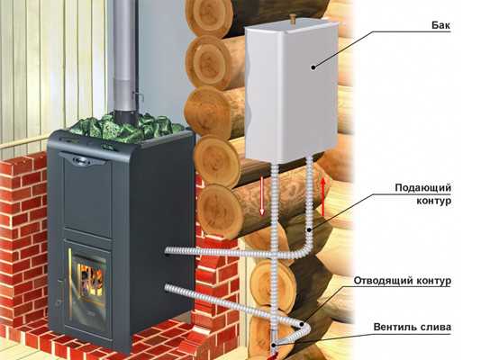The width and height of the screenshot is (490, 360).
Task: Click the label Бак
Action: tap(441, 25)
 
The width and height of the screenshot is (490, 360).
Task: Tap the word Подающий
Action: tap(423, 188)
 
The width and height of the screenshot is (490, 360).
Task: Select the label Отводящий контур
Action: tap(403, 281)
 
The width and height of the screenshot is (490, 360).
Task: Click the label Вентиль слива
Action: tap(413, 327)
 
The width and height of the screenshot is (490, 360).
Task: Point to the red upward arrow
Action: tap(323, 197)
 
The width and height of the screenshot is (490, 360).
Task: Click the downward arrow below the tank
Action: tap(262, 197)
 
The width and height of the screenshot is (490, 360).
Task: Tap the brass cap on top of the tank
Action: tap(293, 18)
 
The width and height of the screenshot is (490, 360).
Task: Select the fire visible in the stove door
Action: tap(91, 278)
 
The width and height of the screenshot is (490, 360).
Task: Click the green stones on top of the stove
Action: tap(127, 127)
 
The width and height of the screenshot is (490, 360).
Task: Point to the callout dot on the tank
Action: tap(313, 67)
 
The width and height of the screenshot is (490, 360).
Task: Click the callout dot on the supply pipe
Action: tap(309, 230)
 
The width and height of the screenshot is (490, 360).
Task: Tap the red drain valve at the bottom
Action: tap(273, 354)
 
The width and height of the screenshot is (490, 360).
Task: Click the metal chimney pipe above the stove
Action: tap(124, 59)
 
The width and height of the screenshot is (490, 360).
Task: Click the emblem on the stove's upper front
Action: tap(83, 160)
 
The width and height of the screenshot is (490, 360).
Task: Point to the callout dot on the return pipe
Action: tap(302, 324)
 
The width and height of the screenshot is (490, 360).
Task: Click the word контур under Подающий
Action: tap(434, 201)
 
